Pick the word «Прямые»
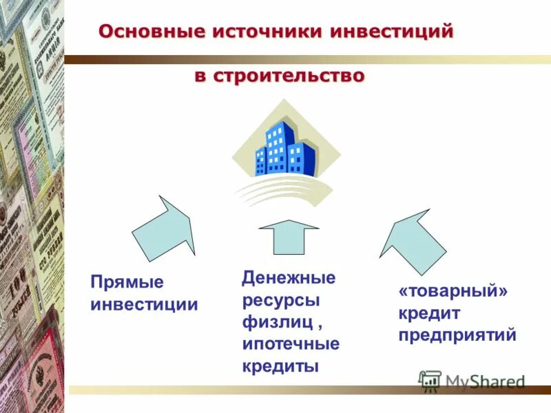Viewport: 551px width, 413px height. [x=127, y=283]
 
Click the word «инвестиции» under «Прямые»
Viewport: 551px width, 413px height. [x=145, y=304]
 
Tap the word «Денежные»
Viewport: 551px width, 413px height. [x=289, y=278]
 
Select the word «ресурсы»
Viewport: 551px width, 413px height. [x=280, y=300]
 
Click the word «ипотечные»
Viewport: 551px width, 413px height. [x=290, y=343]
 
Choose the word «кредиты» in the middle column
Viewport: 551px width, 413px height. [x=280, y=366]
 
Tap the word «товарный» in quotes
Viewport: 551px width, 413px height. [x=453, y=292]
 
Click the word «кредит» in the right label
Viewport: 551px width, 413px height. [x=428, y=314]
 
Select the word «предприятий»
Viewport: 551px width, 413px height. [x=457, y=336]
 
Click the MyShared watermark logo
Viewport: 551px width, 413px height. [x=472, y=381]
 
